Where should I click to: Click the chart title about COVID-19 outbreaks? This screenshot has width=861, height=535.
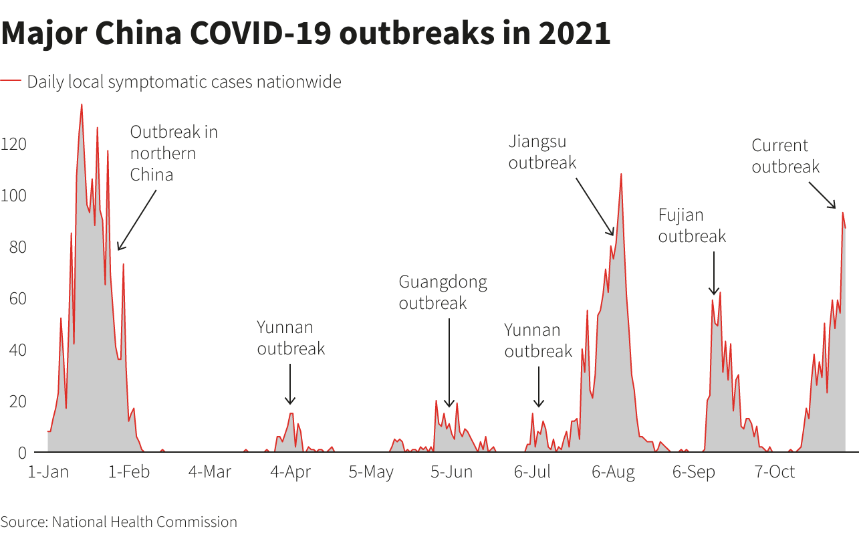point(305,33)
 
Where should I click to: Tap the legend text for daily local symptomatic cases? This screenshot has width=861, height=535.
point(184,82)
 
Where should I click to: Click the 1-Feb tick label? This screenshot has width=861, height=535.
point(129,472)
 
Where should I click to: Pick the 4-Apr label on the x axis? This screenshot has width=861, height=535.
point(290,472)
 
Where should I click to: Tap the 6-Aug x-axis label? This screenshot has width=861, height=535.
point(613,472)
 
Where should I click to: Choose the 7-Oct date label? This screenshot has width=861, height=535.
point(775,472)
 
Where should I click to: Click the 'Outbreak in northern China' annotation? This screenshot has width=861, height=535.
point(174,153)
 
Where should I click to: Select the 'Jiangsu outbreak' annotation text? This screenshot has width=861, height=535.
point(542,152)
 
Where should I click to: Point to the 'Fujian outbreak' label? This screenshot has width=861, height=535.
point(692,225)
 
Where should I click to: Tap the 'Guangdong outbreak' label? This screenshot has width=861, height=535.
point(443,292)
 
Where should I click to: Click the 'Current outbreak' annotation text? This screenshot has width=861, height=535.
point(785,156)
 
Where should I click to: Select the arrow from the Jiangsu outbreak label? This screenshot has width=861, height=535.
point(595,207)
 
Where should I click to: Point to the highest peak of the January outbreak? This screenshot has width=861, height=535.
point(82,105)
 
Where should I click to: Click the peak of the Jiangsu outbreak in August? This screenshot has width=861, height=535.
point(621,175)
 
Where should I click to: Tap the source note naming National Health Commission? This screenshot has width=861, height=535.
point(119,522)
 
